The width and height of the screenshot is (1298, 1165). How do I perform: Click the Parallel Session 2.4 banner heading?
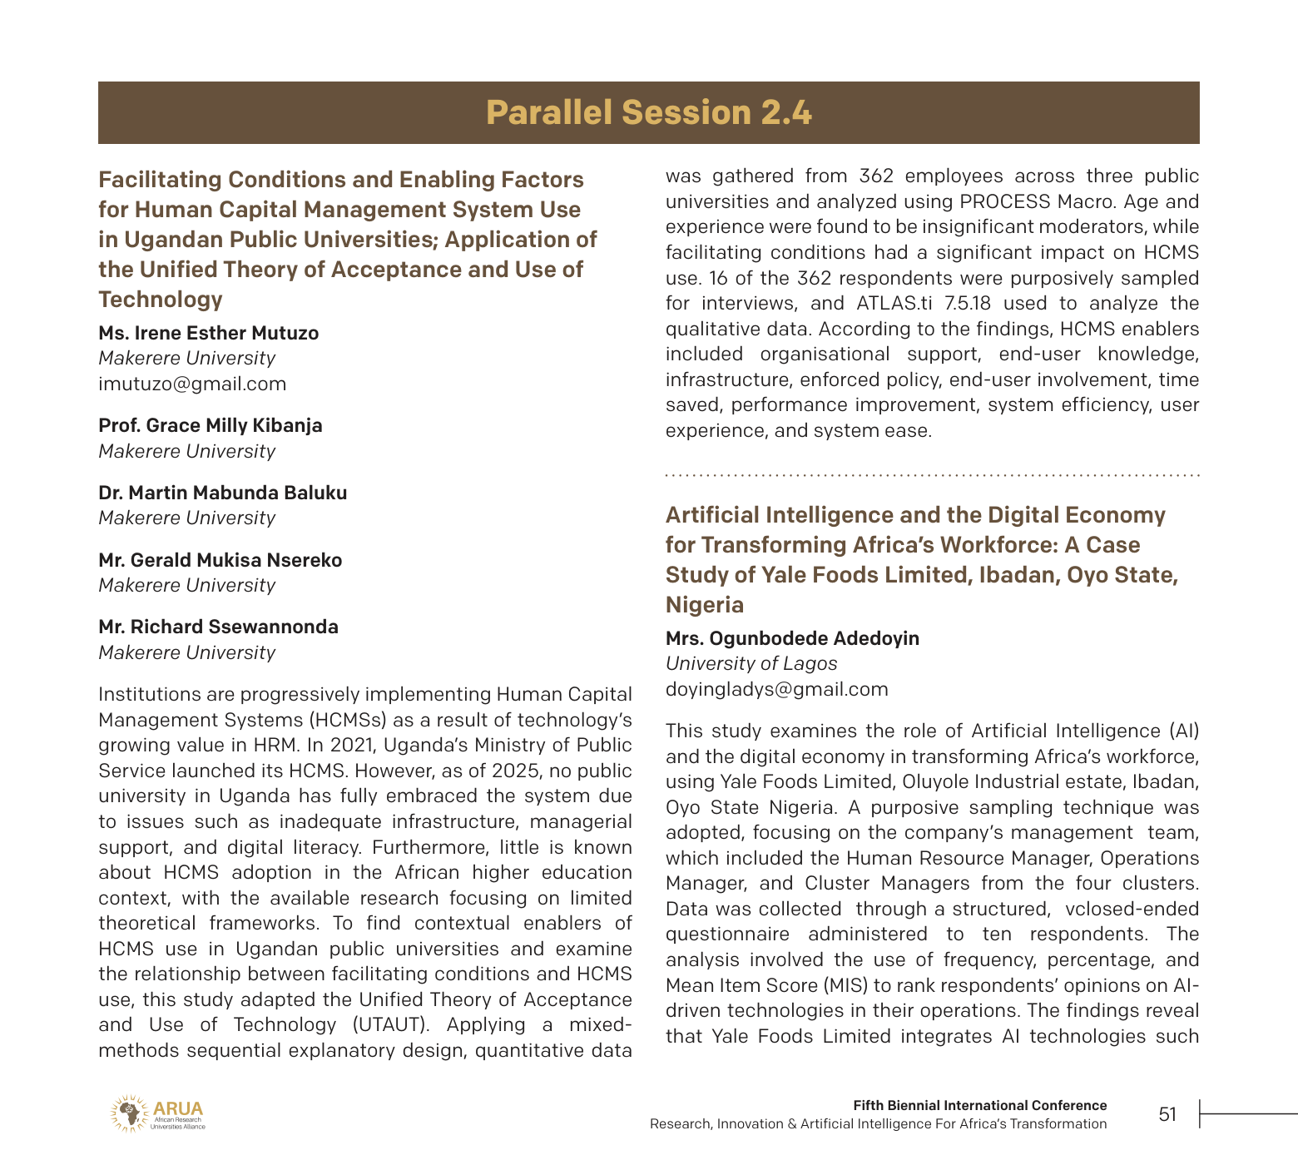[x=648, y=112]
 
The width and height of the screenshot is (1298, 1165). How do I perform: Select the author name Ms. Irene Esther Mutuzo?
[x=208, y=333]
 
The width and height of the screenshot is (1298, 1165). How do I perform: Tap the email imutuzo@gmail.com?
[x=192, y=384]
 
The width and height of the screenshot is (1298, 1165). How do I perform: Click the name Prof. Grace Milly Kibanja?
[x=210, y=425]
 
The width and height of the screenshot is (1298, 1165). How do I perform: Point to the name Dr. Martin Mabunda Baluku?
[x=222, y=493]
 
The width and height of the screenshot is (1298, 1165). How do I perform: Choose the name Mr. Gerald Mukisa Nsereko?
[x=220, y=560]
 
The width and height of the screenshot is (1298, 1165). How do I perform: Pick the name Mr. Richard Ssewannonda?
[x=218, y=627]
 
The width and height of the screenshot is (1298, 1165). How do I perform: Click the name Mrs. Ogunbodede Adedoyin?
[x=792, y=638]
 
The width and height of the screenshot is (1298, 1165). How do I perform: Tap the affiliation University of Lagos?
[x=751, y=663]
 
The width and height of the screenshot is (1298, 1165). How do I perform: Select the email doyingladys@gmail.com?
[x=776, y=689]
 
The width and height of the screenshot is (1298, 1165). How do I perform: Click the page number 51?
[x=1167, y=1114]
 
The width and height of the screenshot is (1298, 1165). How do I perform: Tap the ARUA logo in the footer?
[x=157, y=1113]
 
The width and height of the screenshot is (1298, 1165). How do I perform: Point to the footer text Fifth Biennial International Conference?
[x=979, y=1105]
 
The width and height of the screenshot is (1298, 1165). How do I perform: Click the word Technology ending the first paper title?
[x=161, y=300]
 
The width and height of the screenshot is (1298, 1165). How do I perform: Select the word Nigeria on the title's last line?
[x=704, y=605]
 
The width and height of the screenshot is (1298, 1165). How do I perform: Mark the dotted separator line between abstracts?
[x=932, y=475]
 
